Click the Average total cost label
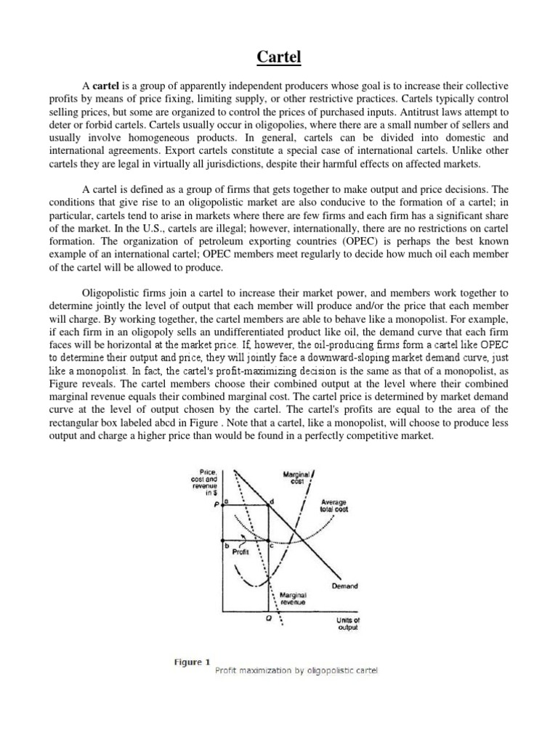333,505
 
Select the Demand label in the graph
344,586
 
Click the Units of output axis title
347,623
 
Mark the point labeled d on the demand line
272,501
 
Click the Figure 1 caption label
192,662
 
